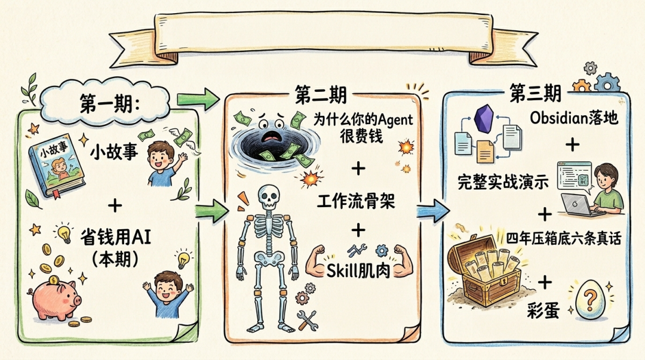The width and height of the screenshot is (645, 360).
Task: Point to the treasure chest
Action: [x=484, y=269]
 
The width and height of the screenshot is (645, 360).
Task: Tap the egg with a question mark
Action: [x=591, y=299]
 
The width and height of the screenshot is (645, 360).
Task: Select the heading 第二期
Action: [x=320, y=94]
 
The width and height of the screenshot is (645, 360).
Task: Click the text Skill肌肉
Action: [x=358, y=270]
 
